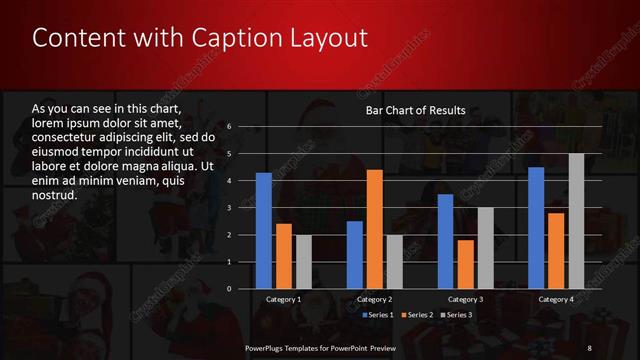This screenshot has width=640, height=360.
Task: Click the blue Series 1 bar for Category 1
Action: [264, 231]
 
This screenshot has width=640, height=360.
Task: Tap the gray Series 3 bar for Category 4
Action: [576, 221]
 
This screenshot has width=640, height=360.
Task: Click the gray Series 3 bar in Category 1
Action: [304, 262]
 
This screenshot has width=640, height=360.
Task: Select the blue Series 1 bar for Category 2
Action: [354, 255]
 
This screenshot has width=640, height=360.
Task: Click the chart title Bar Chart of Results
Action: [415, 110]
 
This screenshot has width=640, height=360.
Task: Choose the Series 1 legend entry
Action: [376, 315]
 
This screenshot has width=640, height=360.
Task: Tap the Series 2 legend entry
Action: [417, 315]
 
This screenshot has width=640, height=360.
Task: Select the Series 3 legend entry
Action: [457, 315]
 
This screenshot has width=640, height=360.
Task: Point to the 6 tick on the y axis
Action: [229, 127]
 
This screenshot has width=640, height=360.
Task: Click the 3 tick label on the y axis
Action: [229, 208]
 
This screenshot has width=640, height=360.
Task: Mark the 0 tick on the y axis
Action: [229, 289]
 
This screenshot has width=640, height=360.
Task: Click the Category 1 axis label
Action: [284, 299]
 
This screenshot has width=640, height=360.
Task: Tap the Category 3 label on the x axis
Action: [465, 299]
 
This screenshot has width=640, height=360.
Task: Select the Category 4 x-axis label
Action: [556, 299]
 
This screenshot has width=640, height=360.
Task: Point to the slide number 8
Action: [589, 347]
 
